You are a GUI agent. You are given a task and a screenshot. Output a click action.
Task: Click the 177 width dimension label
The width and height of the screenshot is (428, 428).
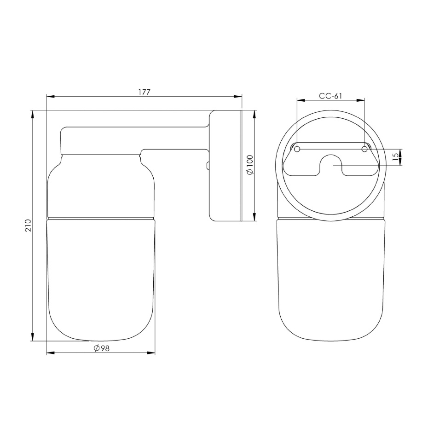point(145,92)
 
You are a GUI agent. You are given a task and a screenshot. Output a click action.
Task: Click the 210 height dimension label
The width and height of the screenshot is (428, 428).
point(28,225)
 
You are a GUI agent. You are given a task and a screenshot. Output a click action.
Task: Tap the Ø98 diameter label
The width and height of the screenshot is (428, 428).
point(101,348)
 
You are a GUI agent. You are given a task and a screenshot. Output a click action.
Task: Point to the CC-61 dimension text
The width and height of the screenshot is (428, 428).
point(330,96)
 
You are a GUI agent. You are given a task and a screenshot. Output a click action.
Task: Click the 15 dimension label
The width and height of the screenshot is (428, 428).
point(395,157)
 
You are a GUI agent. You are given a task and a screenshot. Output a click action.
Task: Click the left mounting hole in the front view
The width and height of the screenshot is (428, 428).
point(297,149)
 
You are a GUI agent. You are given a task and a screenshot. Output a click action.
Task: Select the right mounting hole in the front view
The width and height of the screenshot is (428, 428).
point(364,149)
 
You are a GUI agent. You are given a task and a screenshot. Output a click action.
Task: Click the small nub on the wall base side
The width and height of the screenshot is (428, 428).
point(208,165)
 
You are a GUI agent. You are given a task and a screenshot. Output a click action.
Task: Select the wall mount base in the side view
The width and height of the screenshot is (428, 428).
point(226,166)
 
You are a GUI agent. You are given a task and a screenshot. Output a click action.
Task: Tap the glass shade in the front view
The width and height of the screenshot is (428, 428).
point(331,281)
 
